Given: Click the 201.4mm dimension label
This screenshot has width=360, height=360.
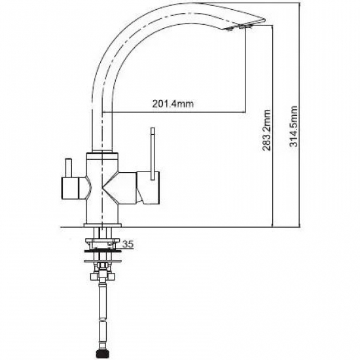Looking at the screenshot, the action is [x=173, y=104].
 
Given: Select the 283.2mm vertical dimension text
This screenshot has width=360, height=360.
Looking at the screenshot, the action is [x=266, y=130].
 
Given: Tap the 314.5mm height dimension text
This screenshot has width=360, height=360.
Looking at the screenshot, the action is [x=293, y=126].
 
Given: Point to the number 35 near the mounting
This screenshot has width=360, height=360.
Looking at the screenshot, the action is [x=128, y=244].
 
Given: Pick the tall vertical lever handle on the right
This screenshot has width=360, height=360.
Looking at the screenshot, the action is [x=153, y=154].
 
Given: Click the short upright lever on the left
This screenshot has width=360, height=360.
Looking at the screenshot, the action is [x=69, y=168].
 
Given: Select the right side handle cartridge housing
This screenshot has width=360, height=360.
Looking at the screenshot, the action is [x=148, y=188].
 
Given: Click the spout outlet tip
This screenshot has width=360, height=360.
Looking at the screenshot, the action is [x=245, y=27].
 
